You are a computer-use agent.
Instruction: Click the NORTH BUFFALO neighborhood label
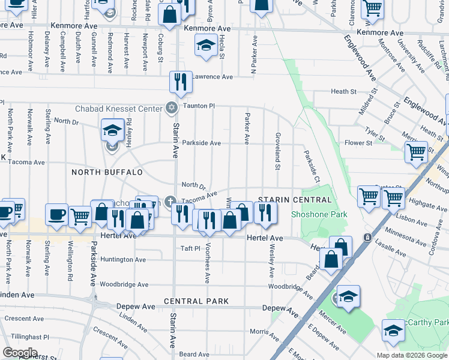107,172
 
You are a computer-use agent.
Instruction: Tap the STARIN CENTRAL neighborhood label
295,200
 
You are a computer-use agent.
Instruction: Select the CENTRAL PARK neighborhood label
196,301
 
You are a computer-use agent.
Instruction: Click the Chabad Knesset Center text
119,109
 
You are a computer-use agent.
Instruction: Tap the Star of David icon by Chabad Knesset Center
172,108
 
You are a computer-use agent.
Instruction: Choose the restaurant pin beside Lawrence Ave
181,82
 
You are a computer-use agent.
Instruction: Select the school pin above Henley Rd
112,130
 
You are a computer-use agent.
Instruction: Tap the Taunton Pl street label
199,106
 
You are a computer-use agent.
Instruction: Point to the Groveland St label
278,151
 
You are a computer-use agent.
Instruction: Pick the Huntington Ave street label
123,260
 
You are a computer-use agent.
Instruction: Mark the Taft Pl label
190,248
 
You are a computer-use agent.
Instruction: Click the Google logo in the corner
20,353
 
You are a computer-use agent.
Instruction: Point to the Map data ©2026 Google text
412,355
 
